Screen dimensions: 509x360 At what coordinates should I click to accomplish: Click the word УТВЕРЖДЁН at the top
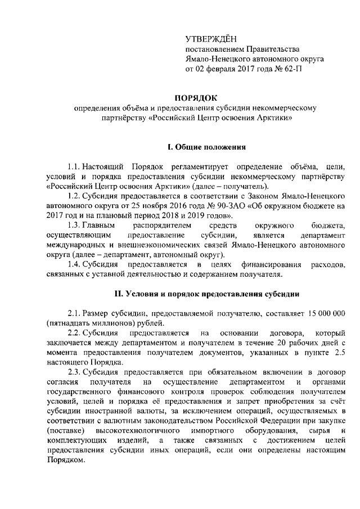[211, 39]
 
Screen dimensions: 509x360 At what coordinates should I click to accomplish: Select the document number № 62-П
[281, 69]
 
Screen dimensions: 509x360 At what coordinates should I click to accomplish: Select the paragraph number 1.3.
[74, 225]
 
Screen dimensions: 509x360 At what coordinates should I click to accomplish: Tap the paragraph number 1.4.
[74, 264]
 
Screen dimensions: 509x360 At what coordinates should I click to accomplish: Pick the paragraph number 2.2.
[74, 332]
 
